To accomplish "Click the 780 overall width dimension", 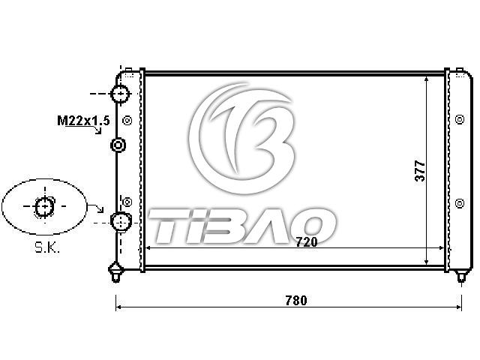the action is coord(296,300).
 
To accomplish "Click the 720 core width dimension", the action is coord(307,242).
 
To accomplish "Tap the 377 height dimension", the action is coord(420,171).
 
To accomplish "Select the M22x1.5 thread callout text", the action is coord(83,121).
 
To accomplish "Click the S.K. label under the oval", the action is coord(46,247).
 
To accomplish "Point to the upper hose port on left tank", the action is coord(120,94).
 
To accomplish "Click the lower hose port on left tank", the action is coord(121,222).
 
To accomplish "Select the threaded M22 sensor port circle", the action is coord(118,145).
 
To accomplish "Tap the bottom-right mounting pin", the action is coord(461,276).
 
